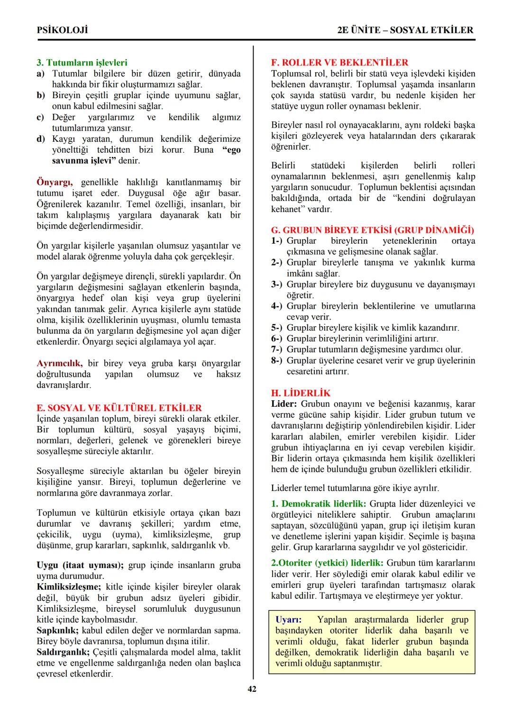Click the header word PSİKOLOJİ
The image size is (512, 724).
(62, 30)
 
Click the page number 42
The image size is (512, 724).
(252, 689)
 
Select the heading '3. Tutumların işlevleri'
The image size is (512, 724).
(82, 63)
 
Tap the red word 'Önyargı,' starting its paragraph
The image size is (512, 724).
(55, 183)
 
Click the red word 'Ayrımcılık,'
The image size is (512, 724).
(60, 364)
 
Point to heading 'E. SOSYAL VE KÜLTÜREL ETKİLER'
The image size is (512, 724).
(119, 408)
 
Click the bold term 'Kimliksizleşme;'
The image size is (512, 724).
(68, 587)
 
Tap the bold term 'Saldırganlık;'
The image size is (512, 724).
(63, 652)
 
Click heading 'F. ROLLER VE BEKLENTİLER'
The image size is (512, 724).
(339, 63)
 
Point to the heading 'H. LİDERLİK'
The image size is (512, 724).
(301, 393)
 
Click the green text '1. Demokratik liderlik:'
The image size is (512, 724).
(319, 504)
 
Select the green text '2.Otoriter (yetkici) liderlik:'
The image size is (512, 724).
(327, 563)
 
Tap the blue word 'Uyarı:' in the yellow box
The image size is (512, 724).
(288, 620)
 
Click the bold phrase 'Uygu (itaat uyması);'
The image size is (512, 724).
(80, 565)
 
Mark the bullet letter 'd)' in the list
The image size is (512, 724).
(41, 139)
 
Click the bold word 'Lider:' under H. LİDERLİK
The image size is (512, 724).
(284, 404)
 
